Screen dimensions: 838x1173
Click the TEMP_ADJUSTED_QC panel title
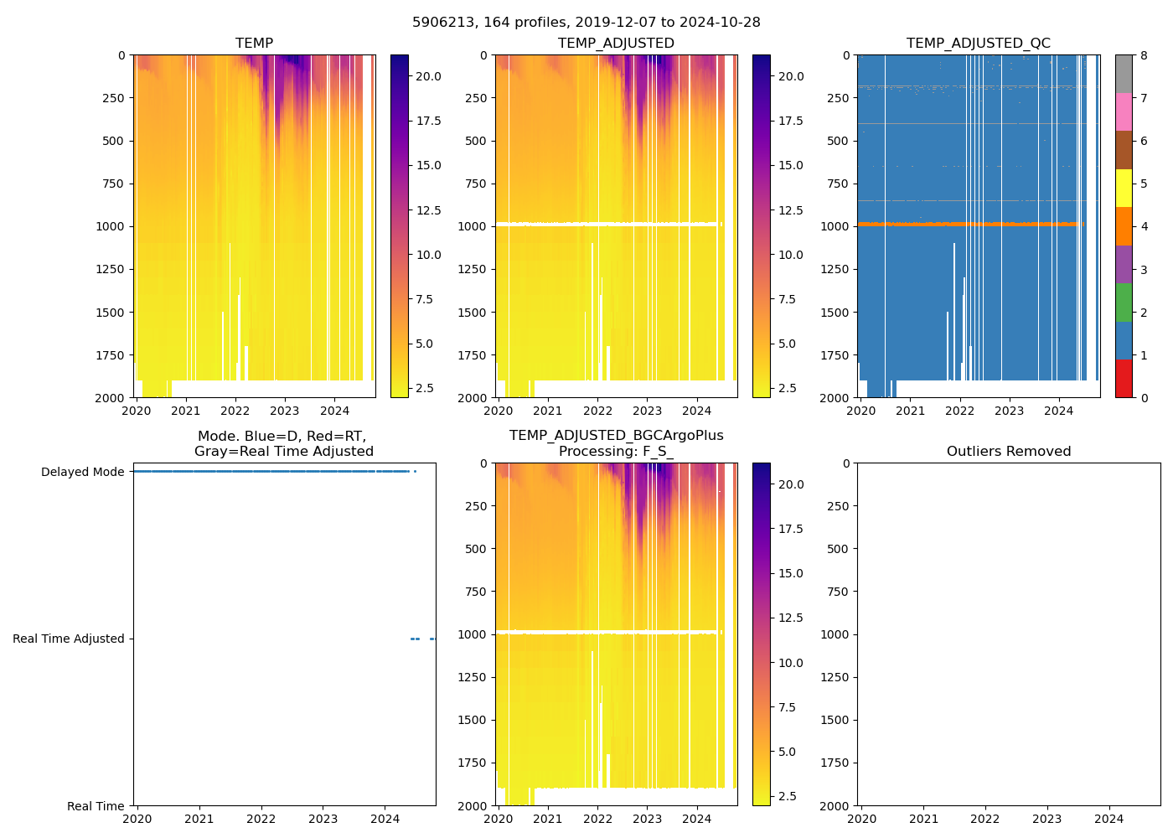tap(978, 44)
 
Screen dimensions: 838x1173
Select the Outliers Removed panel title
tap(1008, 452)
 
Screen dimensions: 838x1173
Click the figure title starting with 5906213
tap(586, 23)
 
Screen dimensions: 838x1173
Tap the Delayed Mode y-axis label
tap(82, 473)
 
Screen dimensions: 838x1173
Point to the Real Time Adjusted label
tap(68, 639)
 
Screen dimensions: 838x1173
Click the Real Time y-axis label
tap(96, 807)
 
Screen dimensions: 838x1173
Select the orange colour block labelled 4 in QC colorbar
tap(1124, 226)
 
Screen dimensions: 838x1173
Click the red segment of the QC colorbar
tap(1124, 379)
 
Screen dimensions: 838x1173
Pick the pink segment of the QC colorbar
tap(1124, 111)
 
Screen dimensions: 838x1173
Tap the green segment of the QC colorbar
tap(1124, 303)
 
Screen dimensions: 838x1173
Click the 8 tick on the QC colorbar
tap(1144, 56)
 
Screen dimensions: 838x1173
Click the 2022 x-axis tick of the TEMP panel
tap(235, 411)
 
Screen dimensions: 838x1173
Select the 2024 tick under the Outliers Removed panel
tap(1108, 820)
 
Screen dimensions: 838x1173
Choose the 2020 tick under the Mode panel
tap(137, 820)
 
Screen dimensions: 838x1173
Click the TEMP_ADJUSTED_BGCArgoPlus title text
tap(616, 436)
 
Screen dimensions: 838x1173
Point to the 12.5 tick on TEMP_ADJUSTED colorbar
tap(791, 210)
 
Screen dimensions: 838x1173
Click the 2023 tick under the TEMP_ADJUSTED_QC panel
tap(1009, 411)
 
